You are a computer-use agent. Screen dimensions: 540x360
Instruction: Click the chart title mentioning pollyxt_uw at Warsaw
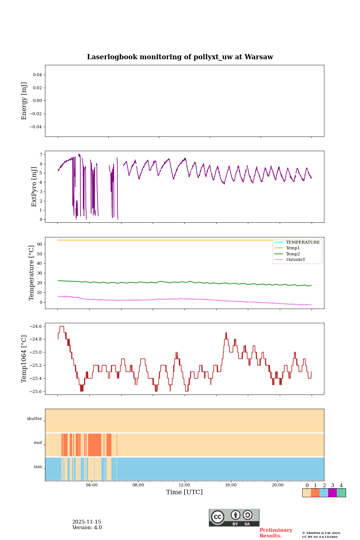[x=180, y=57]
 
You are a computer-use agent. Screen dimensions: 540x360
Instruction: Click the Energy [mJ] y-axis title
[x=24, y=101]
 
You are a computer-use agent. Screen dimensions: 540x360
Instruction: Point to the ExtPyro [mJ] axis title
[x=34, y=187]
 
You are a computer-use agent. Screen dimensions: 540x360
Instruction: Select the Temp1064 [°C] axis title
[x=24, y=359]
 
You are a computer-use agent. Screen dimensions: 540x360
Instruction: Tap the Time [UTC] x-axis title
[x=184, y=492]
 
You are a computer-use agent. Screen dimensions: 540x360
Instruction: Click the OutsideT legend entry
[x=295, y=260]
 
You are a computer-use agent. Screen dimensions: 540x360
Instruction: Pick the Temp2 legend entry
[x=293, y=254]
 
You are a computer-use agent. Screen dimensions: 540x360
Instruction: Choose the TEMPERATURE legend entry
[x=303, y=243]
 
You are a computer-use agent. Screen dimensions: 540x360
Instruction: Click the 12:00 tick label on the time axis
[x=184, y=485]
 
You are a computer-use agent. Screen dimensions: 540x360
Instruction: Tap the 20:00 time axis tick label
[x=277, y=485]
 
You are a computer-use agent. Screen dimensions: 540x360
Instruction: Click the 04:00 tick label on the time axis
[x=91, y=485]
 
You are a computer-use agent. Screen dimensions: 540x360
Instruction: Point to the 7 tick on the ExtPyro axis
[x=40, y=154]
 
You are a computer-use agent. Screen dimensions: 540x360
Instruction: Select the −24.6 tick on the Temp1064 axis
[x=34, y=327]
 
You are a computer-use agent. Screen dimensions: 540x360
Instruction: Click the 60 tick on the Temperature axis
[x=39, y=244]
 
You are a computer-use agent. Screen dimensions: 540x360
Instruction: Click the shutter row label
[x=34, y=419]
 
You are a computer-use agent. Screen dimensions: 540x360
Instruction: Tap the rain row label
[x=38, y=467]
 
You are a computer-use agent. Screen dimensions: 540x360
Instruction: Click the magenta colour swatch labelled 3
[x=332, y=493]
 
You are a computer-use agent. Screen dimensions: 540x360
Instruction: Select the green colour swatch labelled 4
[x=341, y=493]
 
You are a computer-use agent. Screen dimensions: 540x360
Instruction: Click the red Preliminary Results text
[x=276, y=533]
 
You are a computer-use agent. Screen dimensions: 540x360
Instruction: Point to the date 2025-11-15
[x=87, y=522]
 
